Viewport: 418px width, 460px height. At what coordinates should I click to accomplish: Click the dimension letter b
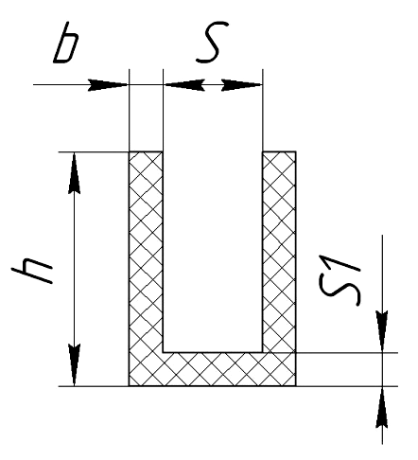click(x=65, y=43)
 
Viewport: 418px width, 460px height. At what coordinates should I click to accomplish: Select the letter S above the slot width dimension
click(x=212, y=42)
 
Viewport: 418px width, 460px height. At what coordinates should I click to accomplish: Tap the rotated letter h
click(x=32, y=271)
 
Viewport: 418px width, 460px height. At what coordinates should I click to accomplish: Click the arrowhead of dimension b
click(x=108, y=85)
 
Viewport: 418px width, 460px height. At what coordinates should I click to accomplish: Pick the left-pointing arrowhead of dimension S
click(x=184, y=85)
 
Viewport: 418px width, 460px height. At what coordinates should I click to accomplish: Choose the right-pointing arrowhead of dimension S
click(x=241, y=85)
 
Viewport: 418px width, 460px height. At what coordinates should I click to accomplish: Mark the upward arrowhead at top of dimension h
click(x=74, y=173)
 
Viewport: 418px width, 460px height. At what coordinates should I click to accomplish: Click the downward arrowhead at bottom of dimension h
click(x=74, y=364)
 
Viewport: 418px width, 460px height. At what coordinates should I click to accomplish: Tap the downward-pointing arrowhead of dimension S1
click(x=382, y=331)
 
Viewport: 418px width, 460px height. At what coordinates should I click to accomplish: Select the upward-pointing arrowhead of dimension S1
click(x=382, y=407)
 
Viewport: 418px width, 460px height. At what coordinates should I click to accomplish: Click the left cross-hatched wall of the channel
click(x=146, y=252)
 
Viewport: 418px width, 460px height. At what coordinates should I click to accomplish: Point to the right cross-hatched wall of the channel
click(x=279, y=252)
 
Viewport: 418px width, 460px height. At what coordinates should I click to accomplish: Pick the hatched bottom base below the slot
click(x=212, y=369)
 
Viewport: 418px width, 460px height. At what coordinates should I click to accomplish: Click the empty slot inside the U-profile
click(x=213, y=252)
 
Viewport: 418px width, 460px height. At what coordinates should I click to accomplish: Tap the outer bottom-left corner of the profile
click(x=129, y=385)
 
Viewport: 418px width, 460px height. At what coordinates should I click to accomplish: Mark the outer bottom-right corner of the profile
click(x=296, y=385)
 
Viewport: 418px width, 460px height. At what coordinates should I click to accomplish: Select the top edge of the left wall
click(x=146, y=152)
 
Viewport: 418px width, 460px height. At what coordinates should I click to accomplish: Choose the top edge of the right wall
click(x=279, y=152)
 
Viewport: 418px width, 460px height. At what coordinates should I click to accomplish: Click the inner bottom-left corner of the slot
click(x=163, y=352)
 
